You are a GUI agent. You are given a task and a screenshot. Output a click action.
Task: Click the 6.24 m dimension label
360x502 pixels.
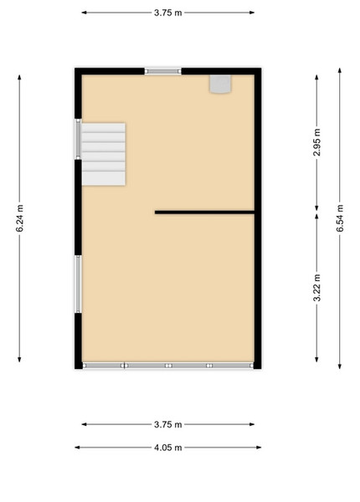click(19, 218)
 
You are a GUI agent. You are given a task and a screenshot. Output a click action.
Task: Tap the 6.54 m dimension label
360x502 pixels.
click(340, 218)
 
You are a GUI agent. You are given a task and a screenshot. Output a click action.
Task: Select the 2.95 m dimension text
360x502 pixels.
click(316, 142)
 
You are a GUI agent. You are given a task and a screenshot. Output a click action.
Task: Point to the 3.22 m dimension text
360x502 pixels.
click(316, 288)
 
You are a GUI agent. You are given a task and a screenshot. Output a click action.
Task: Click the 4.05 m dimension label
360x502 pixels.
click(167, 448)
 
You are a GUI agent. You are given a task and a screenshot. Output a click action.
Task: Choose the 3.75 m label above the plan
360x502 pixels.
click(167, 13)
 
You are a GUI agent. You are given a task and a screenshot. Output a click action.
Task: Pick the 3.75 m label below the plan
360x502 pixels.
click(167, 424)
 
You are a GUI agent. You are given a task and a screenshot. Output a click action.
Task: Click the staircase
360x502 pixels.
click(104, 154)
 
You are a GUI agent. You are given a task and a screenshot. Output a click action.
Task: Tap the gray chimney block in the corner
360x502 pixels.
click(220, 84)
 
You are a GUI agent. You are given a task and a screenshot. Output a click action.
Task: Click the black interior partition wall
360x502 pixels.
click(204, 213)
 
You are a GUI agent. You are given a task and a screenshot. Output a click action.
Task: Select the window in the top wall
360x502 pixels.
click(162, 71)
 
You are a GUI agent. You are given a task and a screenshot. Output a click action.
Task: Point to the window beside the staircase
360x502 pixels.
click(78, 139)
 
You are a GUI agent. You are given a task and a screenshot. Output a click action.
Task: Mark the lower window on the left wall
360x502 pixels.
click(78, 284)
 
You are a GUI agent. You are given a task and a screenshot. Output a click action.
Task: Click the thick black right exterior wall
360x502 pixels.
click(258, 218)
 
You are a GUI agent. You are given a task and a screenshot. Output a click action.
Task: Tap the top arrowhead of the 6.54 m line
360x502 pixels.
click(340, 70)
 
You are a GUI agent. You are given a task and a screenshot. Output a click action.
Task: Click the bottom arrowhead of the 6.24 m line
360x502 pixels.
click(19, 359)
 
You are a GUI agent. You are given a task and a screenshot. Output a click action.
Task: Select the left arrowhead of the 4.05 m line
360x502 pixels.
click(78, 448)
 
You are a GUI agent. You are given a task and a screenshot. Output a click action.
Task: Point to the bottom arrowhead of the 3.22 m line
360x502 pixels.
click(316, 359)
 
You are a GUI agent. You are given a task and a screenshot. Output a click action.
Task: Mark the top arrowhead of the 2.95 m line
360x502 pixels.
click(316, 78)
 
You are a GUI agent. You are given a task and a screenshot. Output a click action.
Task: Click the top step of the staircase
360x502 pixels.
click(104, 127)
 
